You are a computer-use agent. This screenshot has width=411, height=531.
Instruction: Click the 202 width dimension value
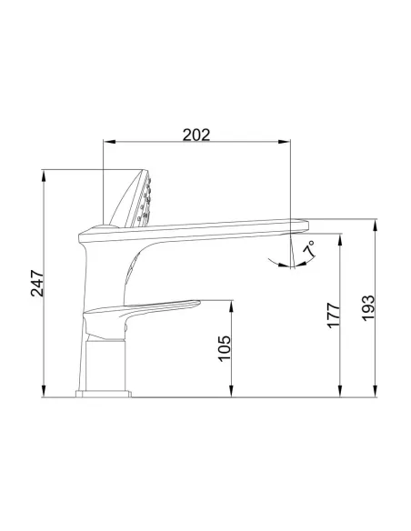[196, 135]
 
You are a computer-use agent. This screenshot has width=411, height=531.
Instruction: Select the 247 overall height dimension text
[35, 284]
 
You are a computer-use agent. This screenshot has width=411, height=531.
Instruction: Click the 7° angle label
[309, 245]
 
